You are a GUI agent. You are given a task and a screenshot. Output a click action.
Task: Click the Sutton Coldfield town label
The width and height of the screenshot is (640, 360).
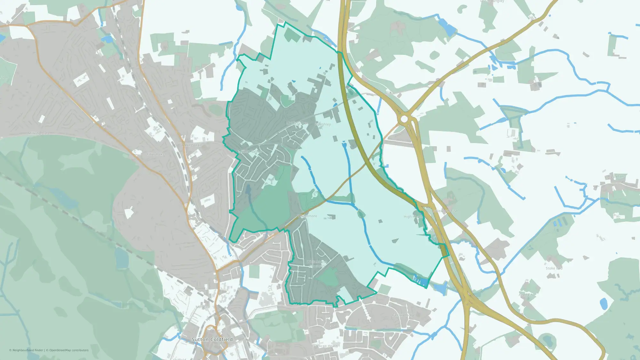[x=212, y=339]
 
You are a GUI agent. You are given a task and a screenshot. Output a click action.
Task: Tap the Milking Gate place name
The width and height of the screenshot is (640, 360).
[x=39, y=133]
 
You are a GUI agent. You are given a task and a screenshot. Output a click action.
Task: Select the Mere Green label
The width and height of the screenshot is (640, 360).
[x=191, y=145]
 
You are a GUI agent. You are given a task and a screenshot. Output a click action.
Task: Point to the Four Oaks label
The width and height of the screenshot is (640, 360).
[x=156, y=154]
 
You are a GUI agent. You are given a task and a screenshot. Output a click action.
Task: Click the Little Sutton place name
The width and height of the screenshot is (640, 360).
[x=251, y=151]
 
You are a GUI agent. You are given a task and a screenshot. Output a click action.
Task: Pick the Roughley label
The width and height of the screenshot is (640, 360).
[x=323, y=124]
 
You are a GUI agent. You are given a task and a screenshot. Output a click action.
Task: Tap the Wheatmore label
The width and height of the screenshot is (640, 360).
[x=307, y=216]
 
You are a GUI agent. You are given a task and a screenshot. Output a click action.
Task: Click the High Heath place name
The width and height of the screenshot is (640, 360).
[x=413, y=217]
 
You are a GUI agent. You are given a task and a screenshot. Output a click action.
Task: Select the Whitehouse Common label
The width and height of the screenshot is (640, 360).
[x=317, y=264]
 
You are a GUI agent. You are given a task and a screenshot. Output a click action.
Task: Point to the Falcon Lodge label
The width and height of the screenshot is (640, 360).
[x=403, y=315]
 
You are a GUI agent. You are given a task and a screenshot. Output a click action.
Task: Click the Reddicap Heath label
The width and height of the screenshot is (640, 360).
[x=324, y=346]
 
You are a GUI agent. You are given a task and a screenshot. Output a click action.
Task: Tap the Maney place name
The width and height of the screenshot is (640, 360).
[x=201, y=307]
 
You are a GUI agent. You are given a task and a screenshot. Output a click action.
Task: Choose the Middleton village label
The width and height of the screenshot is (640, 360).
[x=615, y=177]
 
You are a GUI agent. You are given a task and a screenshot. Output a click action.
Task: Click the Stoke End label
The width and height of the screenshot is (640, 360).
[x=554, y=268]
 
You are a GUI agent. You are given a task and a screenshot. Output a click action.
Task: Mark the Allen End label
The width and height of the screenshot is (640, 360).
[x=526, y=294]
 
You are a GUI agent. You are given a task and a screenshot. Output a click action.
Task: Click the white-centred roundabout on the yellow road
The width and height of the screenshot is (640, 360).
[x=404, y=119]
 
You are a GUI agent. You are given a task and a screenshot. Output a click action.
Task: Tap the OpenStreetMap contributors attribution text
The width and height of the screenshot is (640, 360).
[x=69, y=350]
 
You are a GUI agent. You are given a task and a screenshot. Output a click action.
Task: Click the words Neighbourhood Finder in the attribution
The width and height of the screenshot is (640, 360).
[x=28, y=350]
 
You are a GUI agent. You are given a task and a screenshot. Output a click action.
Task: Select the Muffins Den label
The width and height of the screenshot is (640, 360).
[x=297, y=123]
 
